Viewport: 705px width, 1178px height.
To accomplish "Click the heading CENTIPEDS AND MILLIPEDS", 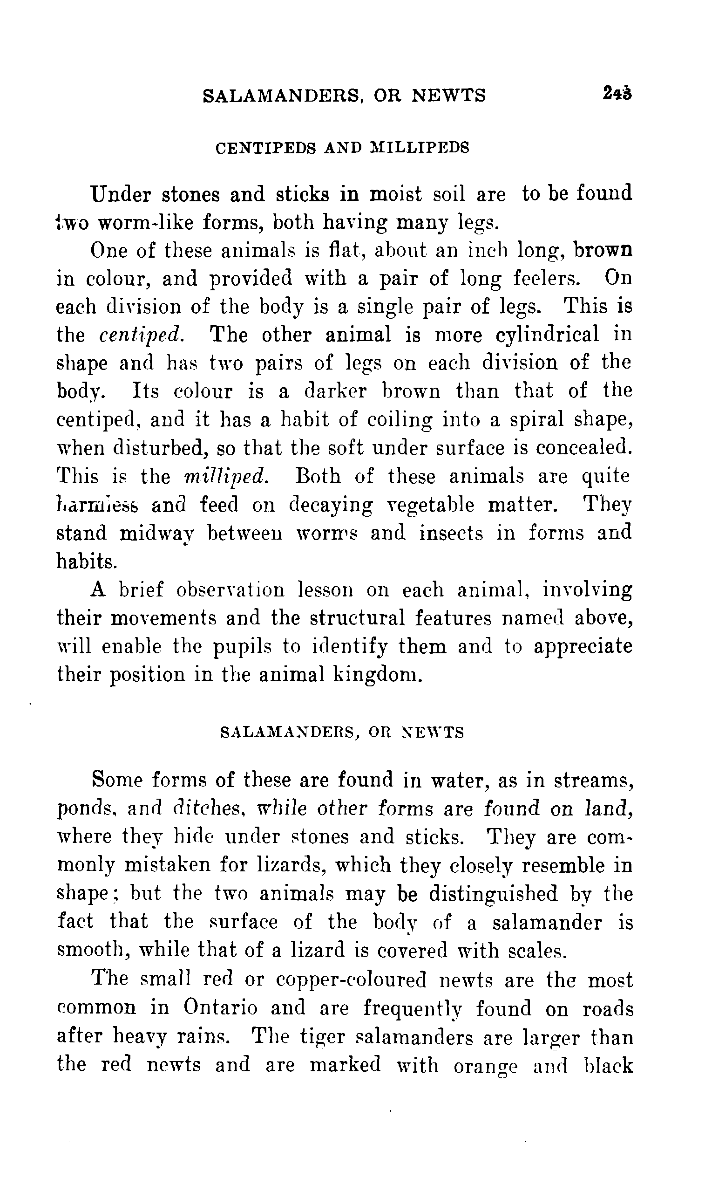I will (x=342, y=148).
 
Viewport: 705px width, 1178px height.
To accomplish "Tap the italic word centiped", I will (x=142, y=335).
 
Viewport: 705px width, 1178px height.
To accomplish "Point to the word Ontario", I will (x=220, y=1008).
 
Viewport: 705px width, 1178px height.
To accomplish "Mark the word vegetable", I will (x=429, y=504).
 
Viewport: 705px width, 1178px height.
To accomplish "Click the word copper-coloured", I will (x=351, y=980).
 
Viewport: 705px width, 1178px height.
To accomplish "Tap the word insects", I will (x=451, y=533).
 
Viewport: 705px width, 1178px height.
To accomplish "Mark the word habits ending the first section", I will (x=87, y=561).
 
